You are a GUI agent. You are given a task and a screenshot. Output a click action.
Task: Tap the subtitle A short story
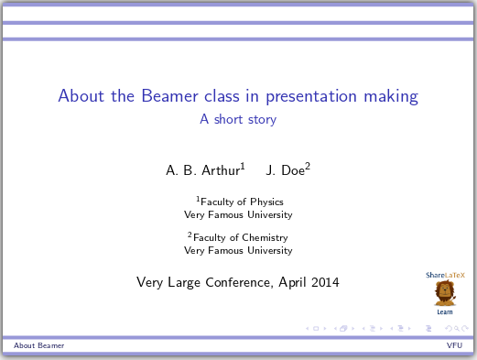238,119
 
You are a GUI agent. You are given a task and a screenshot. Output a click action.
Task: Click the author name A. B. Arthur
202,170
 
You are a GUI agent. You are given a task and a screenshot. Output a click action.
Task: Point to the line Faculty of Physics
241,202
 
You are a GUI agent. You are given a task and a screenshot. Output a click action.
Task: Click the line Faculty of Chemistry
241,237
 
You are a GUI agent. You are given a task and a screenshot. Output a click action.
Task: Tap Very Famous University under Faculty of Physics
238,215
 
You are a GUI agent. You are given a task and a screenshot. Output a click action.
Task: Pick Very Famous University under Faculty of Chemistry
238,250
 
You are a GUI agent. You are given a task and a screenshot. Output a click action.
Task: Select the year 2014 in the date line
324,282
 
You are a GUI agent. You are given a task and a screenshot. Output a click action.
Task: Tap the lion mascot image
444,293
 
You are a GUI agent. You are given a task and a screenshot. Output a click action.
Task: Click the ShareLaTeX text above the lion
444,275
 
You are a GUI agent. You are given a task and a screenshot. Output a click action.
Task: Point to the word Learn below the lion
444,312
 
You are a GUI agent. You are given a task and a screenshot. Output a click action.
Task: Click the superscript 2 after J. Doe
308,166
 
